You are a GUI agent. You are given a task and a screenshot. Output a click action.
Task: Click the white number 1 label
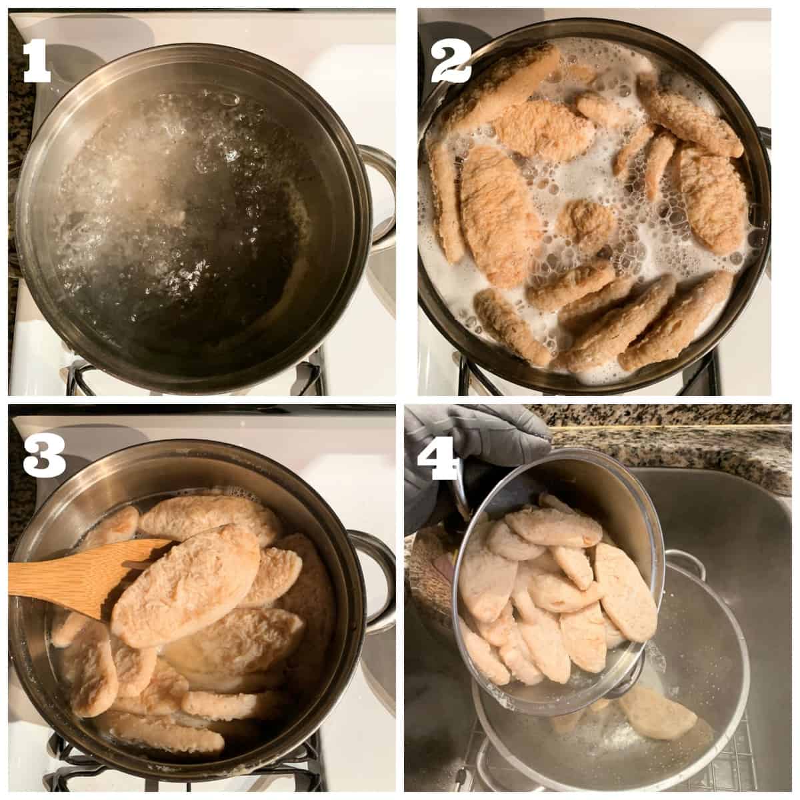coord(37,61)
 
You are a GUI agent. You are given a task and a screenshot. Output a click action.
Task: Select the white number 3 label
coord(43,455)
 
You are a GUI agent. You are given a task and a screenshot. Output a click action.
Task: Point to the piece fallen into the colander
coord(656,701)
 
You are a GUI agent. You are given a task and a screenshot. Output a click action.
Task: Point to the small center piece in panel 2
coord(586,220)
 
